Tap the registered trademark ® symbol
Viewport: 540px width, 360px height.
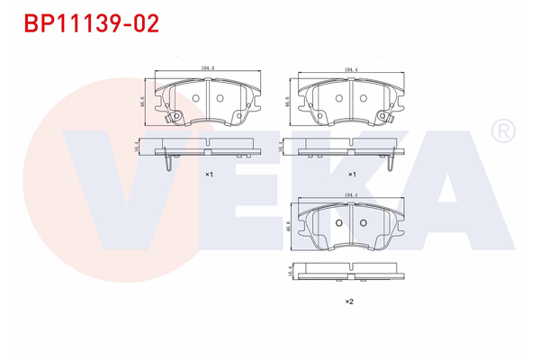tap(501, 132)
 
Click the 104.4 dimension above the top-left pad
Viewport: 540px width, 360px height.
tap(208, 68)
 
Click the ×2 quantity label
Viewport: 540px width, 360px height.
tap(349, 301)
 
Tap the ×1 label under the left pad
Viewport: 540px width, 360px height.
tap(209, 174)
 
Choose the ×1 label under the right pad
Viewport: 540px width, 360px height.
tap(353, 174)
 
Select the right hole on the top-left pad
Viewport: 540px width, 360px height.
tap(220, 100)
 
